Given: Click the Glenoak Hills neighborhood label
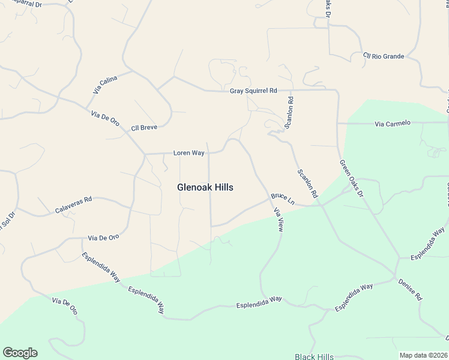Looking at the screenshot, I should (205, 187).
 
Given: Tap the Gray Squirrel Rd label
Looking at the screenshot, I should (253, 91).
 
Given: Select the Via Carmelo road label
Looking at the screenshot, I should (393, 123).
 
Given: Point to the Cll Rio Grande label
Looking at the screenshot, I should (384, 56).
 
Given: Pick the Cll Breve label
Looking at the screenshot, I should (144, 128).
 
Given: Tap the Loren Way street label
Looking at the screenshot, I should (189, 153).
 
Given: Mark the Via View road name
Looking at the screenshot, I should (278, 220).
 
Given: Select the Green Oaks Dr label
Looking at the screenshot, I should (352, 178).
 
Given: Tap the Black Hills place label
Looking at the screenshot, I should (314, 356).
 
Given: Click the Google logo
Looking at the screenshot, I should (20, 353).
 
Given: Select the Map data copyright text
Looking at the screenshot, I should (423, 355).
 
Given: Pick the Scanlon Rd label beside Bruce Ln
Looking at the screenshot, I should (306, 184).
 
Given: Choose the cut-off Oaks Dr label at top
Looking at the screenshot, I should (328, 8).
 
